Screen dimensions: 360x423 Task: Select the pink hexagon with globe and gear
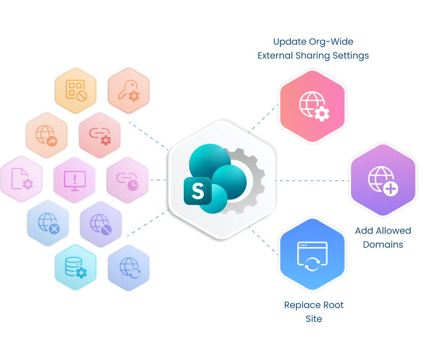[x=312, y=105]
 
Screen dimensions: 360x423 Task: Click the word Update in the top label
[x=289, y=42]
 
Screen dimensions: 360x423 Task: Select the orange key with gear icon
[x=128, y=91]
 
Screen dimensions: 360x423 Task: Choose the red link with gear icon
[x=100, y=135]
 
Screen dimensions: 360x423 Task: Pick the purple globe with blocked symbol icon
[x=100, y=223]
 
